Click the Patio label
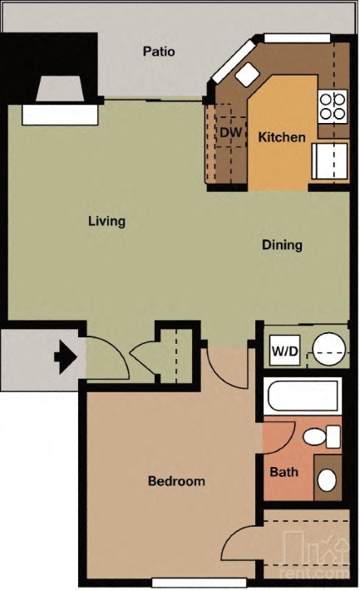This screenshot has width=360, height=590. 158,52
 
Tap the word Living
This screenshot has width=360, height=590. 106,221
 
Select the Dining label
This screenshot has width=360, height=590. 282,245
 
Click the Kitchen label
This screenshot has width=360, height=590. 281,137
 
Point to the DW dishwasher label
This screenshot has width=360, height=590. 229,131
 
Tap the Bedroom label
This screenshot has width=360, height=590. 176,481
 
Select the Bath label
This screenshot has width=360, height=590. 284,472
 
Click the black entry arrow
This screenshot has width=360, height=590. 65,357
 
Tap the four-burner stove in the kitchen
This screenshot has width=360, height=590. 333,105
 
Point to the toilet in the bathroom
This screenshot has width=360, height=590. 321,436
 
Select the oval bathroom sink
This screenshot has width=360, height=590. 328,479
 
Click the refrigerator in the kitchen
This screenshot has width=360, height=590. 330,161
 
